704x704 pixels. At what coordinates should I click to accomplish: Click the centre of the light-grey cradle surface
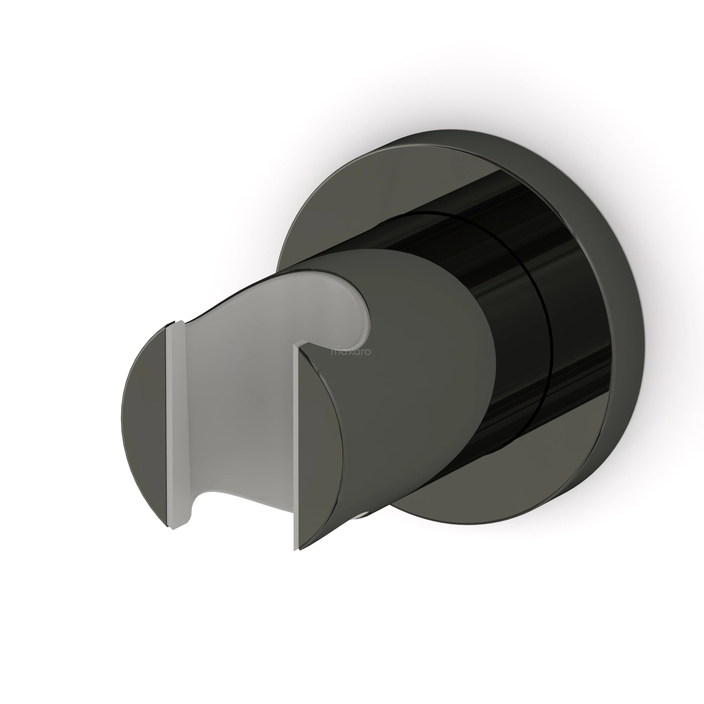237,412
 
